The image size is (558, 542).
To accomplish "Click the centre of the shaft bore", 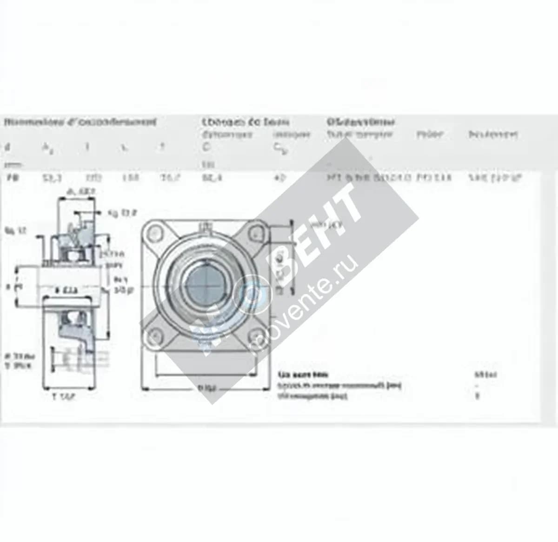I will click(x=205, y=283).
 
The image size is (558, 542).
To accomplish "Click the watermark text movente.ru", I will click(x=307, y=307).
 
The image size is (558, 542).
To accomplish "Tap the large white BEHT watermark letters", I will click(x=321, y=233).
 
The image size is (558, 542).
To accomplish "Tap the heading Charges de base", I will click(x=246, y=122).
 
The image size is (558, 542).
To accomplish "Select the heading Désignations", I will click(x=360, y=122).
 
